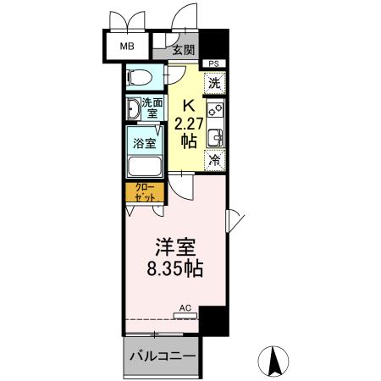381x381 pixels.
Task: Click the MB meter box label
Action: coord(126,47)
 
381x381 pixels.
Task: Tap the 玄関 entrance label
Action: coord(184,50)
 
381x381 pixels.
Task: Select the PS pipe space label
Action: coord(213,63)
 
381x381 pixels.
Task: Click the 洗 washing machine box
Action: coord(214,83)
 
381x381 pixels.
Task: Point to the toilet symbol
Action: coord(141,79)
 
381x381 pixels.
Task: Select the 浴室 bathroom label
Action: coord(144,143)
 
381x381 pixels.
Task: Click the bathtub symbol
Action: coord(144,162)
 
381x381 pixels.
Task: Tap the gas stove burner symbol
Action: coord(214,108)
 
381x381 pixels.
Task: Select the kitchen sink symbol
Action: coord(214,136)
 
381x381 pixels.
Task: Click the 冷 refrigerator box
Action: coord(214,160)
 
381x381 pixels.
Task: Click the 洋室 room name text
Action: coord(175,250)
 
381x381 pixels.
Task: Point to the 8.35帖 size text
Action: coord(176,272)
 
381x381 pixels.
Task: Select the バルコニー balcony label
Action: coord(163,356)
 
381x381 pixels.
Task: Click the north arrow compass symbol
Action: coord(275,362)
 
